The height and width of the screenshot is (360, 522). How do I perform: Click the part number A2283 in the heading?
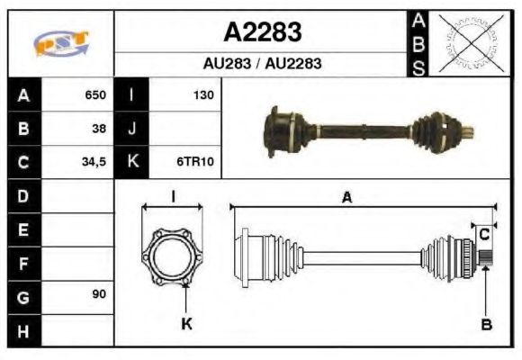262,32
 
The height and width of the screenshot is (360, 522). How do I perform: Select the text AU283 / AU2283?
262,65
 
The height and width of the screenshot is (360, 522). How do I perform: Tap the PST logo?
61,43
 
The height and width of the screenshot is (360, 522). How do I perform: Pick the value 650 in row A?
95,94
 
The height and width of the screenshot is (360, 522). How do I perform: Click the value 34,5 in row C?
95,163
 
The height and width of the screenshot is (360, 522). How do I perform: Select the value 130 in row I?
203,94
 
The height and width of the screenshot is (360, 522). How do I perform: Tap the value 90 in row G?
100,295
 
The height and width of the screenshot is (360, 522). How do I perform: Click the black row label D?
22,195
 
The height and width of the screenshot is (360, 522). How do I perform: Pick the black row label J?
132,129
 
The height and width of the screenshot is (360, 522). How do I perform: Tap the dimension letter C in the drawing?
483,234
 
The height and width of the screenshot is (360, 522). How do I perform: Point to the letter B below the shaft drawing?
486,324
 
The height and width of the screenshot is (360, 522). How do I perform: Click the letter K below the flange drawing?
187,324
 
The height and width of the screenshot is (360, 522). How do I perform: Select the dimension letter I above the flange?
173,196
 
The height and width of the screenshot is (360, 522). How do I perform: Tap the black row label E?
22,229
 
